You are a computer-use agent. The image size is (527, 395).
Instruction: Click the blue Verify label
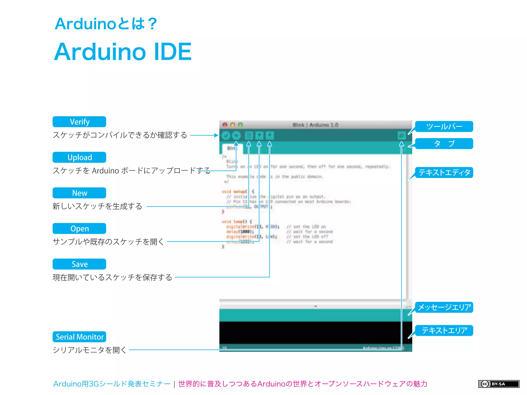(x=79, y=122)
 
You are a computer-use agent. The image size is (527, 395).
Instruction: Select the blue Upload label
(x=79, y=157)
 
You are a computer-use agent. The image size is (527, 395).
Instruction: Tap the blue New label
(x=79, y=193)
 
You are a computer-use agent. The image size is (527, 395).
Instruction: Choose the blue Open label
(x=79, y=228)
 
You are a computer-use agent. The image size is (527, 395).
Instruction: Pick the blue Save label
(x=79, y=264)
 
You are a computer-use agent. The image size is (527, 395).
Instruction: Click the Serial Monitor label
(x=79, y=337)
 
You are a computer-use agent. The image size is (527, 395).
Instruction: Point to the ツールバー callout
(x=444, y=127)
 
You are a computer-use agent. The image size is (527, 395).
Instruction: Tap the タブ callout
(x=444, y=143)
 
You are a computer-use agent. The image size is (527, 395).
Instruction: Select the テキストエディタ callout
(x=444, y=172)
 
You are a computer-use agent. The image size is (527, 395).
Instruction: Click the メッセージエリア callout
(x=444, y=307)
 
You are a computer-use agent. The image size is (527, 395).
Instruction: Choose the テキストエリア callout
(x=444, y=330)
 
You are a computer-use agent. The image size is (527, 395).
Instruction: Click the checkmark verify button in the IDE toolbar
(x=226, y=135)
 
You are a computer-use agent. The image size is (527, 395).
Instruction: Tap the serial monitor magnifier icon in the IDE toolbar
(x=401, y=135)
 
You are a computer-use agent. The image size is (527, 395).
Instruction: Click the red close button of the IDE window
(x=225, y=125)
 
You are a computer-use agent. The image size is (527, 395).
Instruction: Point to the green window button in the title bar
(x=240, y=125)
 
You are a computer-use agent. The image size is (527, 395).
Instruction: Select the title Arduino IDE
(x=123, y=52)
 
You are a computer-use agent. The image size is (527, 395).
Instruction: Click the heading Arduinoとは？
(x=106, y=24)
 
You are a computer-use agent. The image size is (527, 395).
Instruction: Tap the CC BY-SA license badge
(x=498, y=384)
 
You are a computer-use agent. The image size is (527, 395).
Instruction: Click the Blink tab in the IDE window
(x=232, y=148)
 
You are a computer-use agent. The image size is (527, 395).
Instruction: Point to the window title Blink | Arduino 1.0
(x=315, y=125)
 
